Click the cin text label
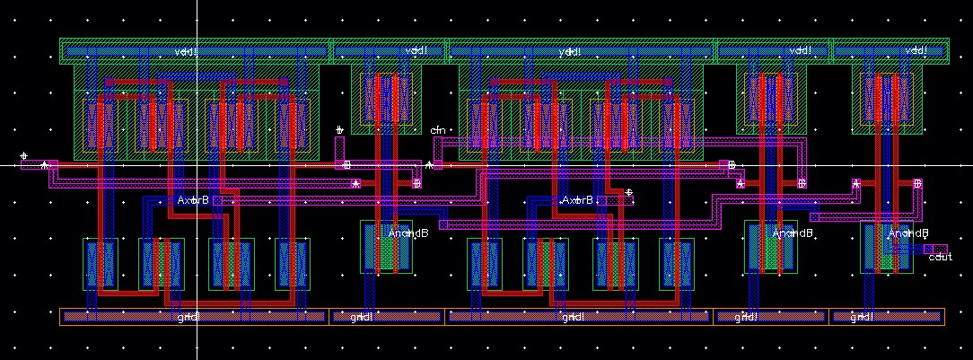438,131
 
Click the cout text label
941,257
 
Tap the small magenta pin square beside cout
940,249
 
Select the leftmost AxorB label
193,199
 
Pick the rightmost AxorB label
577,199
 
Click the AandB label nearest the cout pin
908,233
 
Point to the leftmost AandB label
408,233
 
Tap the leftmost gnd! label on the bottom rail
188,317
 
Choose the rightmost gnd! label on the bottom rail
862,317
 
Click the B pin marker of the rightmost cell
917,183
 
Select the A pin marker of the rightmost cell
856,183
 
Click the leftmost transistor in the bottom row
99,264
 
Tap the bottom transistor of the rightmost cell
887,248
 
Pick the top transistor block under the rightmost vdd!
889,100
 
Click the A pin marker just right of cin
430,165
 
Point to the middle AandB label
793,233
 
